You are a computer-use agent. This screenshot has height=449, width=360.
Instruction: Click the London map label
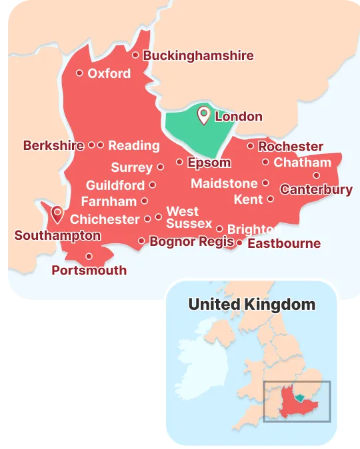[x=238, y=117]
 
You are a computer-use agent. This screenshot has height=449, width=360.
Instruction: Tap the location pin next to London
[x=203, y=116]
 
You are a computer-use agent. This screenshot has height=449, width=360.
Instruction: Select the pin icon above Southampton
[x=57, y=213]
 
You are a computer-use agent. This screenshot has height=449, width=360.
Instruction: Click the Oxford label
[x=109, y=73]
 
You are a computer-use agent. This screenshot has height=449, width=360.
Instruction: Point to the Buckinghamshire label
[x=198, y=55]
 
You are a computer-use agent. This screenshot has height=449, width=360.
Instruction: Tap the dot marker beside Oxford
[x=79, y=73]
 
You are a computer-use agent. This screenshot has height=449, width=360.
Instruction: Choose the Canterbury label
[x=316, y=190]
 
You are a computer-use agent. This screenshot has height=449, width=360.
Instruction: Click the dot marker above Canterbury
[x=316, y=176]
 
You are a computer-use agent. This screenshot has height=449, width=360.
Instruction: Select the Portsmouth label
[x=89, y=270]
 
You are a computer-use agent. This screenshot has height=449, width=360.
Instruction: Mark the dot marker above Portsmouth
[x=89, y=256]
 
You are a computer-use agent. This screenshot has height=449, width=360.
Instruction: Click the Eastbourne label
[x=284, y=243]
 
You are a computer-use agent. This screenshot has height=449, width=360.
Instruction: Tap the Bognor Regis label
[x=192, y=241]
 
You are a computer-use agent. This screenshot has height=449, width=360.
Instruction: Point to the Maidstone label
[x=224, y=183]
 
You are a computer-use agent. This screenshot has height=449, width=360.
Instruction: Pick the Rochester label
[x=291, y=147]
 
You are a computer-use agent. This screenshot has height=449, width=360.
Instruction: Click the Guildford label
[x=115, y=185]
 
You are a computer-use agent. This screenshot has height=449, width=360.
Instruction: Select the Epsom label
[x=209, y=163]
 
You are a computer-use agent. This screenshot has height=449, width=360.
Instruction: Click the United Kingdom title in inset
[x=251, y=304]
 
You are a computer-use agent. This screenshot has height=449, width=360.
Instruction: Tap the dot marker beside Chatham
[x=265, y=162]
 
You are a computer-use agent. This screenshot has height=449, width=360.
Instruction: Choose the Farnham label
[x=109, y=201]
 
